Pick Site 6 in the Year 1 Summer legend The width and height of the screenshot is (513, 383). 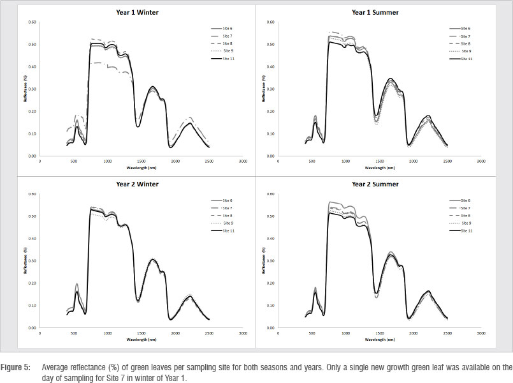(x=465, y=29)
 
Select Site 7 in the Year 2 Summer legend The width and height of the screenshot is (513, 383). (x=466, y=208)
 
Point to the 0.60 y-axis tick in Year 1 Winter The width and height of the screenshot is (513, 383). (x=32, y=22)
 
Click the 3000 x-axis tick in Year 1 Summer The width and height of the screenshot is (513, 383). (x=480, y=162)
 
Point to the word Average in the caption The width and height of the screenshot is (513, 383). (x=56, y=368)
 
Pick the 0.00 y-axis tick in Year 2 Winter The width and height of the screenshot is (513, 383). (x=32, y=328)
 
